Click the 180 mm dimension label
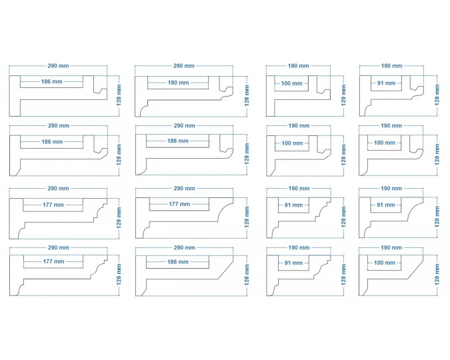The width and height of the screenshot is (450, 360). pyautogui.click(x=178, y=83)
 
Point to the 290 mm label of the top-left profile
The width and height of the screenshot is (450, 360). pyautogui.click(x=57, y=66)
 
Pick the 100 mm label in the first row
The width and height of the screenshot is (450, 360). pyautogui.click(x=291, y=83)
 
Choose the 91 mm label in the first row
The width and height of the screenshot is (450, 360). pyautogui.click(x=385, y=83)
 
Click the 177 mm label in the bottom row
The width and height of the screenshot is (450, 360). pyautogui.click(x=52, y=261)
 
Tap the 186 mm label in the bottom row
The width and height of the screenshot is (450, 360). pyautogui.click(x=178, y=261)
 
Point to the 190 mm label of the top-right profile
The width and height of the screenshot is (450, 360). pyautogui.click(x=391, y=66)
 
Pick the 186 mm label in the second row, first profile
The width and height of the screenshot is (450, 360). pyautogui.click(x=51, y=142)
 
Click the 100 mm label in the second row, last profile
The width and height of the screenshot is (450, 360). pyautogui.click(x=385, y=143)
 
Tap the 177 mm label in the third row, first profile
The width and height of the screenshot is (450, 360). pyautogui.click(x=52, y=204)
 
